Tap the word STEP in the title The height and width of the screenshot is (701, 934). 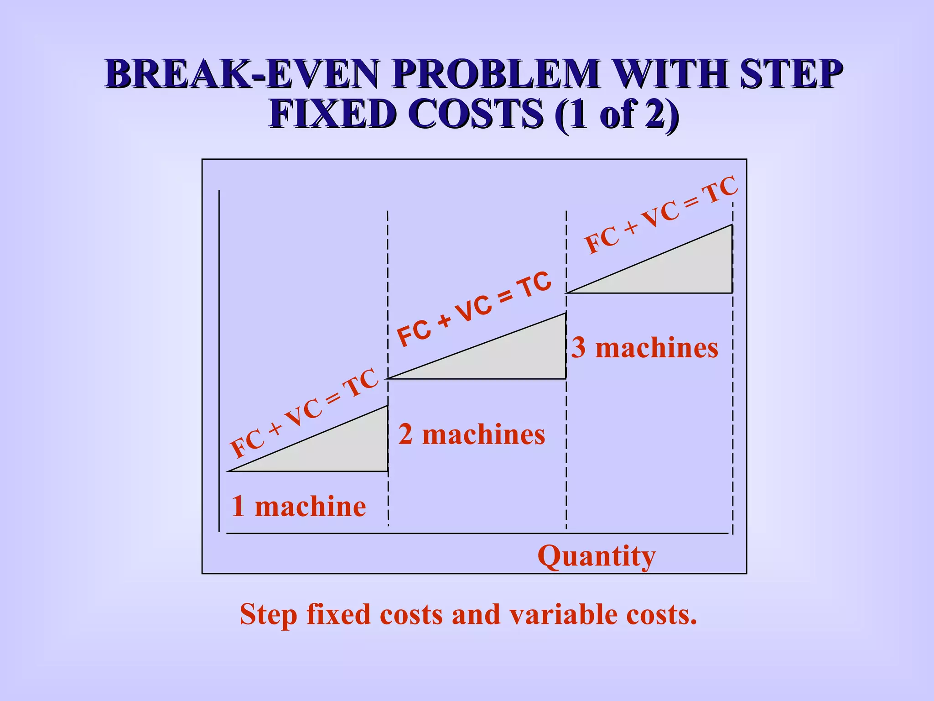(792, 74)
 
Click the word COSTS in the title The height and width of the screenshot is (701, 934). (475, 114)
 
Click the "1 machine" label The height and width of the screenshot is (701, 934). (299, 507)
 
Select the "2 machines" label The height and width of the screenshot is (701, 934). (472, 434)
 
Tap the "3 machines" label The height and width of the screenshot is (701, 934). (645, 348)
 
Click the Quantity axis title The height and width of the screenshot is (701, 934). (597, 556)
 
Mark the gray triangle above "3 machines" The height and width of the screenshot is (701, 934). (689, 272)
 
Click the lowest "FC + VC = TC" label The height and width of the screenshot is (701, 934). (304, 413)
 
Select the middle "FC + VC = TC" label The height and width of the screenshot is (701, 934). (474, 309)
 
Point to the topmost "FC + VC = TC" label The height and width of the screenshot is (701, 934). (661, 214)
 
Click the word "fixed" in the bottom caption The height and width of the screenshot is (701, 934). (338, 614)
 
